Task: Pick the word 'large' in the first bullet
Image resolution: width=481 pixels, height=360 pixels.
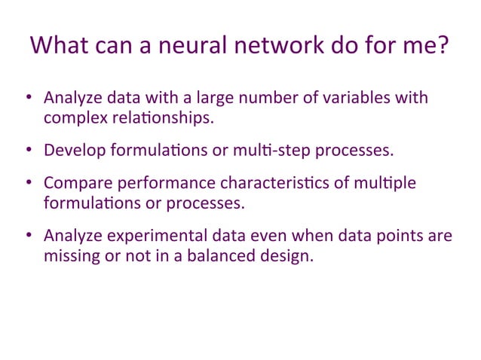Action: (216, 98)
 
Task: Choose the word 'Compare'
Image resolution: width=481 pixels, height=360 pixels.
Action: (75, 184)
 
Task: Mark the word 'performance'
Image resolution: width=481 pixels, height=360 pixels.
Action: (163, 184)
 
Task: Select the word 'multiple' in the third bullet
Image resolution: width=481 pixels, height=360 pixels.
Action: (384, 184)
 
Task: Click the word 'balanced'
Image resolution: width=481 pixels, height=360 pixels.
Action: (224, 256)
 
